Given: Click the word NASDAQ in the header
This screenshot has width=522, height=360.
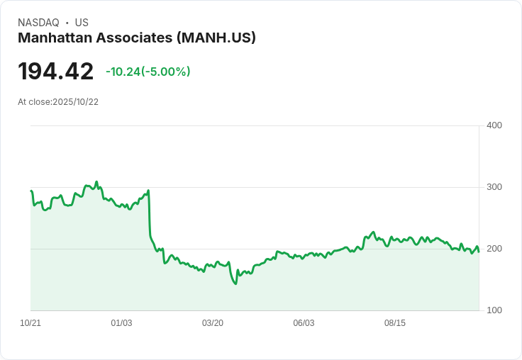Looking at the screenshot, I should pos(38,23).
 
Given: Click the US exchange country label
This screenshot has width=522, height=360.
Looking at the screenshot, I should pos(82,23).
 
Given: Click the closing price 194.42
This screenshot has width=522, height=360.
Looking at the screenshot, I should pos(55,72).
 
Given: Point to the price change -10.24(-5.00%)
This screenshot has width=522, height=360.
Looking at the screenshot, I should pos(148,72).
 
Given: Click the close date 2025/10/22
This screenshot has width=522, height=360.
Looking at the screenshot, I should pos(75,102).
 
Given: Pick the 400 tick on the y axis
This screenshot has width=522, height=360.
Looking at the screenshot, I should pos(494,125).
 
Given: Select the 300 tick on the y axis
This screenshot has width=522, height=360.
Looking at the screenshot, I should pos(494,187).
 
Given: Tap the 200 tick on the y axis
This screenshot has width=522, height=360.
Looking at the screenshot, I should pos(494,249).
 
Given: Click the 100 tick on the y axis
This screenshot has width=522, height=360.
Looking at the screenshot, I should pos(494,310).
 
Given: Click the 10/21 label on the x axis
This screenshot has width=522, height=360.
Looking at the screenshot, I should pos(30,323).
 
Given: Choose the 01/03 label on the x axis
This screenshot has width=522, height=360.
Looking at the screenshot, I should pos(121,323).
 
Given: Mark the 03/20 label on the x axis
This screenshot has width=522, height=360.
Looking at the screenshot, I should pos(213,323).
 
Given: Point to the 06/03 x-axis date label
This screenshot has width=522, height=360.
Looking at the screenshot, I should pos(304,323).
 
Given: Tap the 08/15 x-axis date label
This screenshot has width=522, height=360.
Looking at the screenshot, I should pos(395,323).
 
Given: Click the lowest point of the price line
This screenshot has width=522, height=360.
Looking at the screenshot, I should pos(235,284).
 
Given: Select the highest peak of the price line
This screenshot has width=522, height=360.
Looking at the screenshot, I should pos(97,181).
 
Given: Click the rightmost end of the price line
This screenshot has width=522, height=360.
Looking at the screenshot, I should pos(479,252).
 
